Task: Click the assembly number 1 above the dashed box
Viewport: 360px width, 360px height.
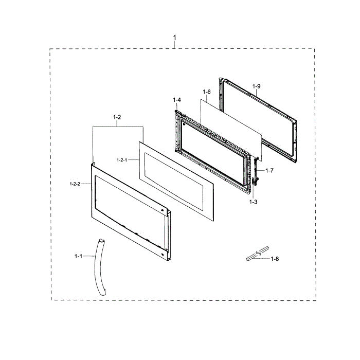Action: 175,38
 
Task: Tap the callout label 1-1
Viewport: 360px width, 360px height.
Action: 78,256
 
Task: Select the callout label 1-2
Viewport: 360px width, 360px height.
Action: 117,117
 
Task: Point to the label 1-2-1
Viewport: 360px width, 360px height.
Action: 122,160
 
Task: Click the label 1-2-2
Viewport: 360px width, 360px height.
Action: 75,184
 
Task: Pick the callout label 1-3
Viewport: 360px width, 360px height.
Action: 253,202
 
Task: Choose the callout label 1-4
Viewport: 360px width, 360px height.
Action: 177,100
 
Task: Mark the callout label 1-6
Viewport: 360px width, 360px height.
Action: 207,92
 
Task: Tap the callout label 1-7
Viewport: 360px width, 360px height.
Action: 269,170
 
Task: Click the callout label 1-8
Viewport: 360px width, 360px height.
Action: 275,259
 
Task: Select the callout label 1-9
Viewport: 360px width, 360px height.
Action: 257,86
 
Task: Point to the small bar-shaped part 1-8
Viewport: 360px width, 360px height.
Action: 258,254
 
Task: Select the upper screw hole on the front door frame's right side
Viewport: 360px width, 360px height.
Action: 163,210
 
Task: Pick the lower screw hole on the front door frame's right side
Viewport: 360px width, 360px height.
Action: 163,255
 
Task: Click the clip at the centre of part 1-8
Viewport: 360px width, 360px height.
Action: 258,254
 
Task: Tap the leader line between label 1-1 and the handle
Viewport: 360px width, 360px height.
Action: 89,256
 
